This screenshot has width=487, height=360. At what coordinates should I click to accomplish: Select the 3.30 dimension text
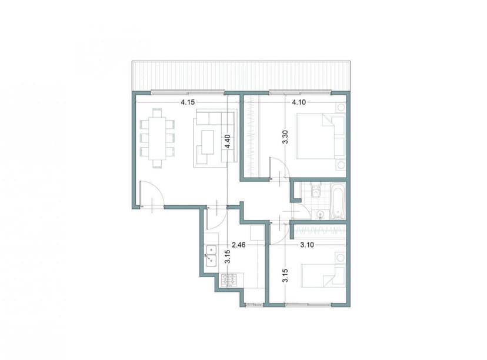coord(285,144)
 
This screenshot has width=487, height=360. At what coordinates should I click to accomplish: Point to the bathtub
coord(338,201)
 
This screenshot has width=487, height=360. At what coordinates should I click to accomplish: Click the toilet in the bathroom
coord(315,191)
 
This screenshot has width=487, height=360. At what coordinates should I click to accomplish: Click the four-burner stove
coord(228,280)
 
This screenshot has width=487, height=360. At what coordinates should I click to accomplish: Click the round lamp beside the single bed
coord(340,258)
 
